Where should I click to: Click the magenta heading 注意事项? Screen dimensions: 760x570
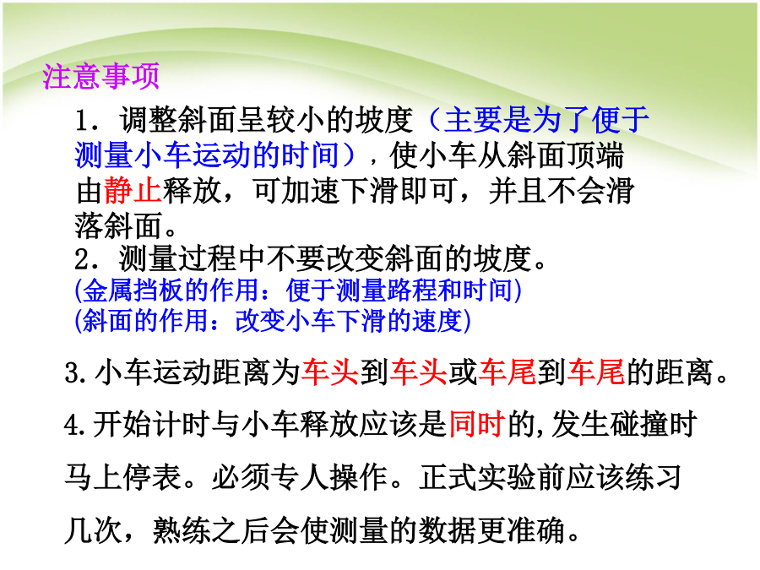click(x=100, y=76)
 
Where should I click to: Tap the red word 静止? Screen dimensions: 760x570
click(x=133, y=191)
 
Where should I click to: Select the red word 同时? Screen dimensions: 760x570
click(x=478, y=424)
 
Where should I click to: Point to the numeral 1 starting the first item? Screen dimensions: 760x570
click(x=83, y=121)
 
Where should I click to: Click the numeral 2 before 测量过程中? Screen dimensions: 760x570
click(x=82, y=259)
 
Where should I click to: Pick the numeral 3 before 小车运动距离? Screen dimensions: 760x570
click(x=73, y=373)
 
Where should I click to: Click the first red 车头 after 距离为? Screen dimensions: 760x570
click(x=329, y=372)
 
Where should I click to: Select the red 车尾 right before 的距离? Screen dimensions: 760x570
click(x=595, y=372)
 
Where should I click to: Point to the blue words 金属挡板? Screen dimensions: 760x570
click(x=133, y=290)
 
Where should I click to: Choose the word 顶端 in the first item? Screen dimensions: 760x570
click(x=595, y=155)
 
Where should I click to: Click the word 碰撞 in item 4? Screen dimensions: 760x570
click(x=639, y=424)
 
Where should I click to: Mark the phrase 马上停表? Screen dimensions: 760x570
click(x=123, y=477)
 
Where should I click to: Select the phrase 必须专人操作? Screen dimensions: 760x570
click(x=300, y=477)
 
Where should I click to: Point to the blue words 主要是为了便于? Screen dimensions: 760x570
click(x=547, y=120)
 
